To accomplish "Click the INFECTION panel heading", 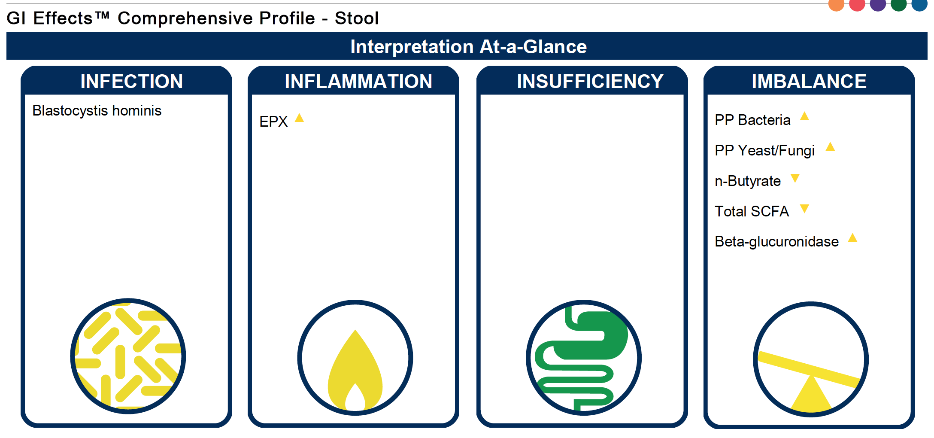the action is tap(131, 82).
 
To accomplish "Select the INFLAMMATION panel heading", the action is tap(358, 82).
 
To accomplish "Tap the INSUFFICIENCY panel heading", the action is tap(590, 82).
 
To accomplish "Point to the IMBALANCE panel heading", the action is tap(809, 82).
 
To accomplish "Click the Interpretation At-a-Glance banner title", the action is tap(468, 46).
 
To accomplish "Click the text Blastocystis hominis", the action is tap(97, 111).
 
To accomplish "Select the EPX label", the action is tap(273, 122).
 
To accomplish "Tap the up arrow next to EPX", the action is tap(300, 118).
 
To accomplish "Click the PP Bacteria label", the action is tap(752, 120).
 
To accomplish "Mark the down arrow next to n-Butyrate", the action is tap(795, 178).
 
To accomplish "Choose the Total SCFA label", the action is tap(752, 211).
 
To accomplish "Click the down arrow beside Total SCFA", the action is tap(804, 209).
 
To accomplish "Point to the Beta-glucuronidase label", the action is tap(776, 241).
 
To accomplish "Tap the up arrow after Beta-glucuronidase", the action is tap(853, 237).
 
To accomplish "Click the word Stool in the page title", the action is tap(357, 18).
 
